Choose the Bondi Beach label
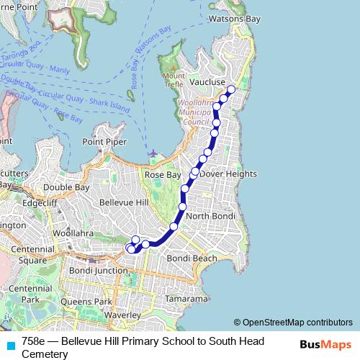(192, 258)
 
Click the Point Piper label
(99, 143)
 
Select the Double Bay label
(66, 187)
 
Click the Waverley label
(121, 315)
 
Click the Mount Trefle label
(174, 81)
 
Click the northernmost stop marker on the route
(231, 89)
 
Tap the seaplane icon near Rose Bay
(152, 153)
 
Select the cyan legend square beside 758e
(8, 344)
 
